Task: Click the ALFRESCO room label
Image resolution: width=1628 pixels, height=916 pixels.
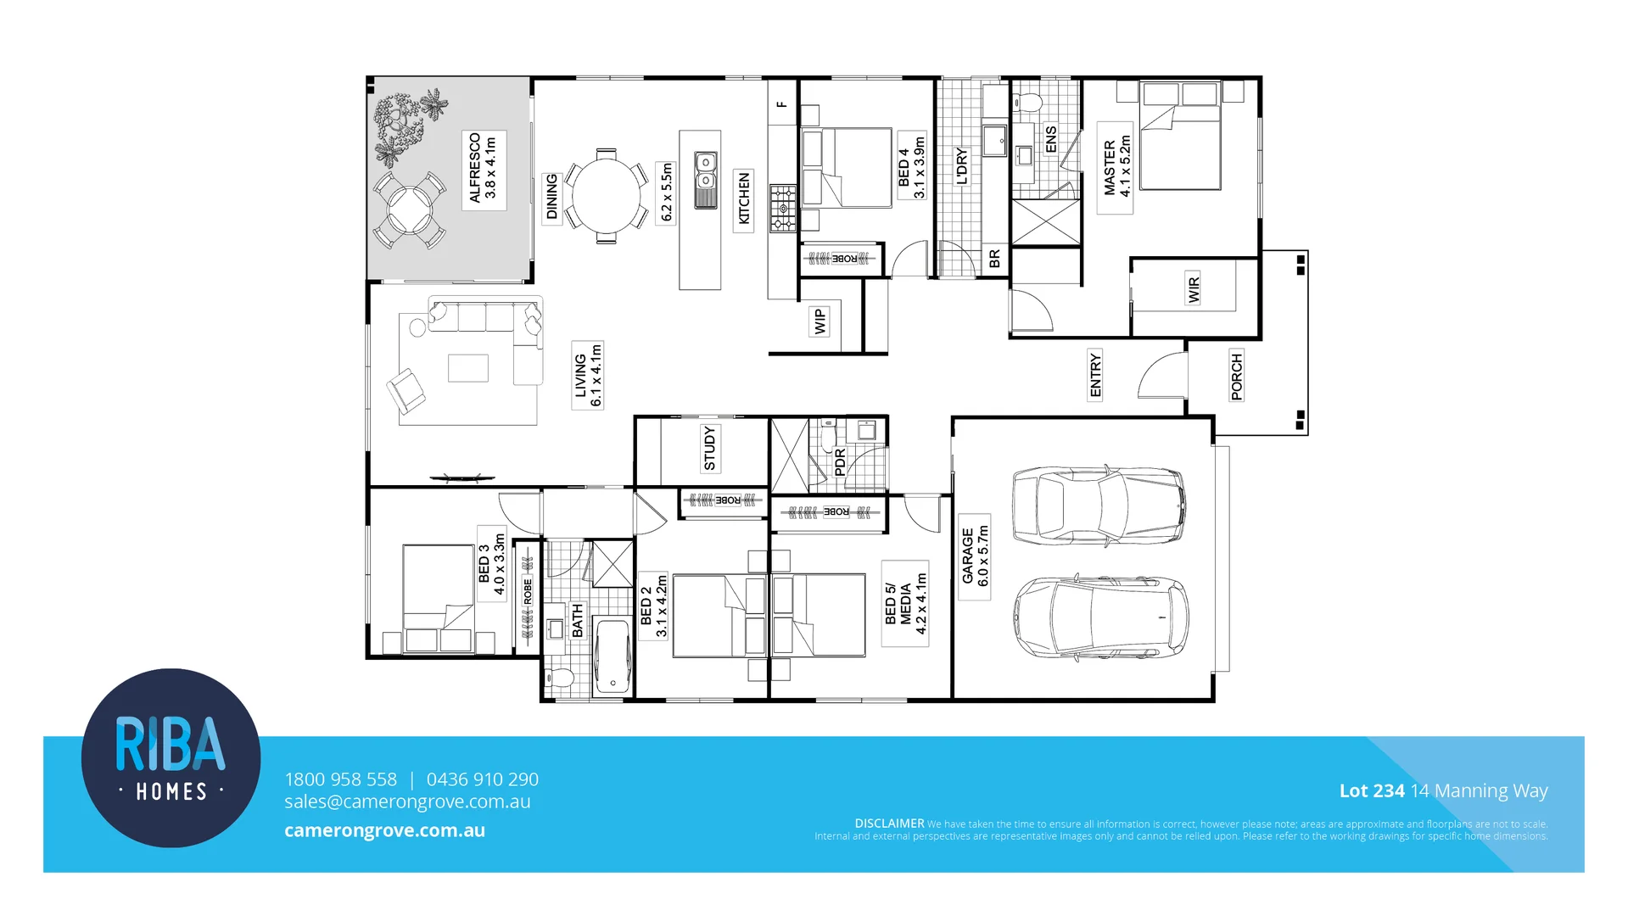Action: [483, 168]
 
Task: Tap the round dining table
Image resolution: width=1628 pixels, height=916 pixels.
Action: [606, 195]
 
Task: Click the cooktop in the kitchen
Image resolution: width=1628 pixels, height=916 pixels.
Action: [783, 209]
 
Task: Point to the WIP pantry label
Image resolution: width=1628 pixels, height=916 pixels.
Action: [820, 321]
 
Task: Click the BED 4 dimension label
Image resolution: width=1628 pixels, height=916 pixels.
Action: [911, 166]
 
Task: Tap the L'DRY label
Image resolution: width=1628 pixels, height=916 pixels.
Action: [961, 166]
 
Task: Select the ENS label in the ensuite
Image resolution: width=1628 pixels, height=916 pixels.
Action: [1050, 140]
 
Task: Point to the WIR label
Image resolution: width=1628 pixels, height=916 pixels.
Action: [1194, 289]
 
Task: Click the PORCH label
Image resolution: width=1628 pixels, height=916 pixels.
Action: [1236, 376]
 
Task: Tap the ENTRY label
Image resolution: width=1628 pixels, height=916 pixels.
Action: [1095, 375]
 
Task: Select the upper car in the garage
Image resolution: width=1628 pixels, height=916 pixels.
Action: [1099, 505]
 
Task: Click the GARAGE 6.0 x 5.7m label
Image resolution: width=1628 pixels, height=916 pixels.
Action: [975, 556]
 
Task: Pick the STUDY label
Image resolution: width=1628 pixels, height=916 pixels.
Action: [709, 449]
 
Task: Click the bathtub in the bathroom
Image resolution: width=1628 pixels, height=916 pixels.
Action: [612, 657]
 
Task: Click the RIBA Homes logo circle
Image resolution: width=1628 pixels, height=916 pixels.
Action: [171, 757]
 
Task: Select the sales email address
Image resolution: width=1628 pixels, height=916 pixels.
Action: [407, 801]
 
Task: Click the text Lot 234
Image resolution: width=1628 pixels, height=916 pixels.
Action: [1371, 790]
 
